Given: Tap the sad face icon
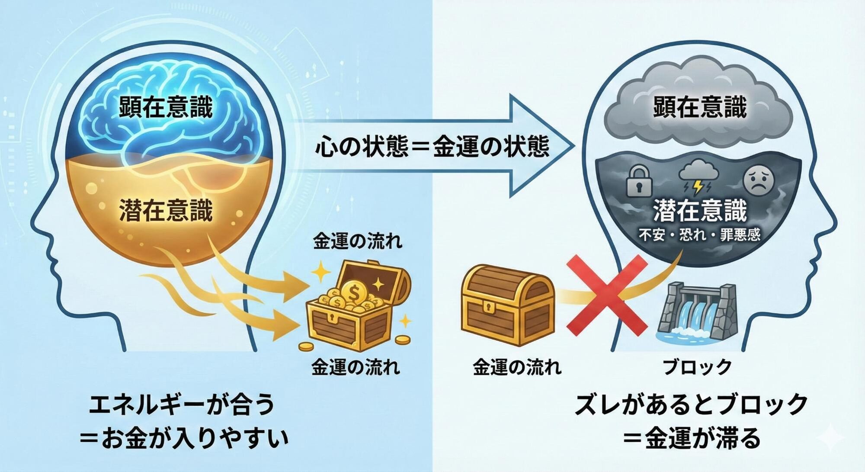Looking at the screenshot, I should [757, 181].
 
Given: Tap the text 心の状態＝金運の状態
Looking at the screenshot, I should [432, 148].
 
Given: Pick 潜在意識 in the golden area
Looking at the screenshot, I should [166, 211].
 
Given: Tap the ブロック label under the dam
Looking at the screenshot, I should [697, 367].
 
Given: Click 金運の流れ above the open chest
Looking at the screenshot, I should [357, 241].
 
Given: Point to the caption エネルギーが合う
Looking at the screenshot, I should [182, 406].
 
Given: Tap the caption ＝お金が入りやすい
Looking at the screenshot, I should [184, 439].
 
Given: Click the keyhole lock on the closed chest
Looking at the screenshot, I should [489, 309].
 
